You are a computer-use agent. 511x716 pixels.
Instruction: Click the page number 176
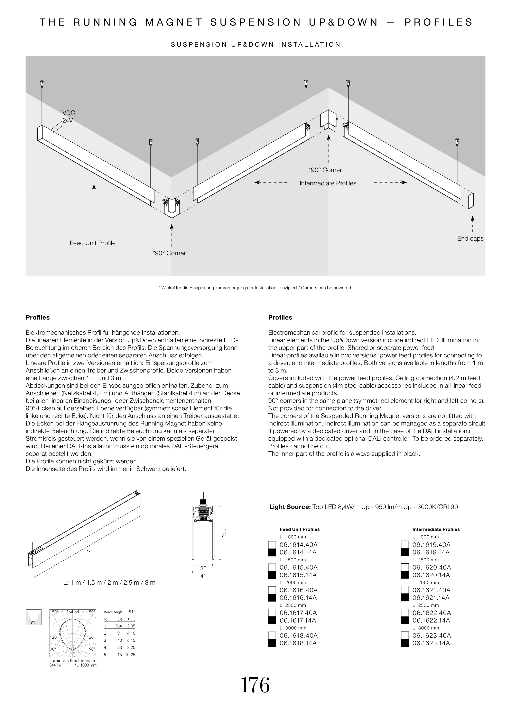coord(255,686)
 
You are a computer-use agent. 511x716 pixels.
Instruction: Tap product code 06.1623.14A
coord(431,643)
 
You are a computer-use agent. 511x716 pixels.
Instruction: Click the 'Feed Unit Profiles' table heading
coord(300,529)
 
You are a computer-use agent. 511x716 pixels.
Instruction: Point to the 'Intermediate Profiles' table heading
coord(436,529)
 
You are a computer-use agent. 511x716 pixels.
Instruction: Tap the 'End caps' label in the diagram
coord(470,239)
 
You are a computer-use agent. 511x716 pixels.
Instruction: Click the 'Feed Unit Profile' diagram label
coord(93,243)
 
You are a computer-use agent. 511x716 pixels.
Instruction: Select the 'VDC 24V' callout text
coord(68,116)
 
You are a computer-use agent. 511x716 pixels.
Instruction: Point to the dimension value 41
coord(203,576)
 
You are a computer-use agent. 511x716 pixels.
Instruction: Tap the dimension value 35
coord(203,568)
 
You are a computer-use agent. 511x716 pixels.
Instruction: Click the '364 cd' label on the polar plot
coord(72,612)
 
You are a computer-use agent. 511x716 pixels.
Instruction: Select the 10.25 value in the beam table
coord(130,655)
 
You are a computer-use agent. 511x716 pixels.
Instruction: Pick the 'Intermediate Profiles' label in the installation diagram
coord(328,183)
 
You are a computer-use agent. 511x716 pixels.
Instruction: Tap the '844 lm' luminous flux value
coord(55,665)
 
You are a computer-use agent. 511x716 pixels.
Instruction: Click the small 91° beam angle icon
coord(33,617)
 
